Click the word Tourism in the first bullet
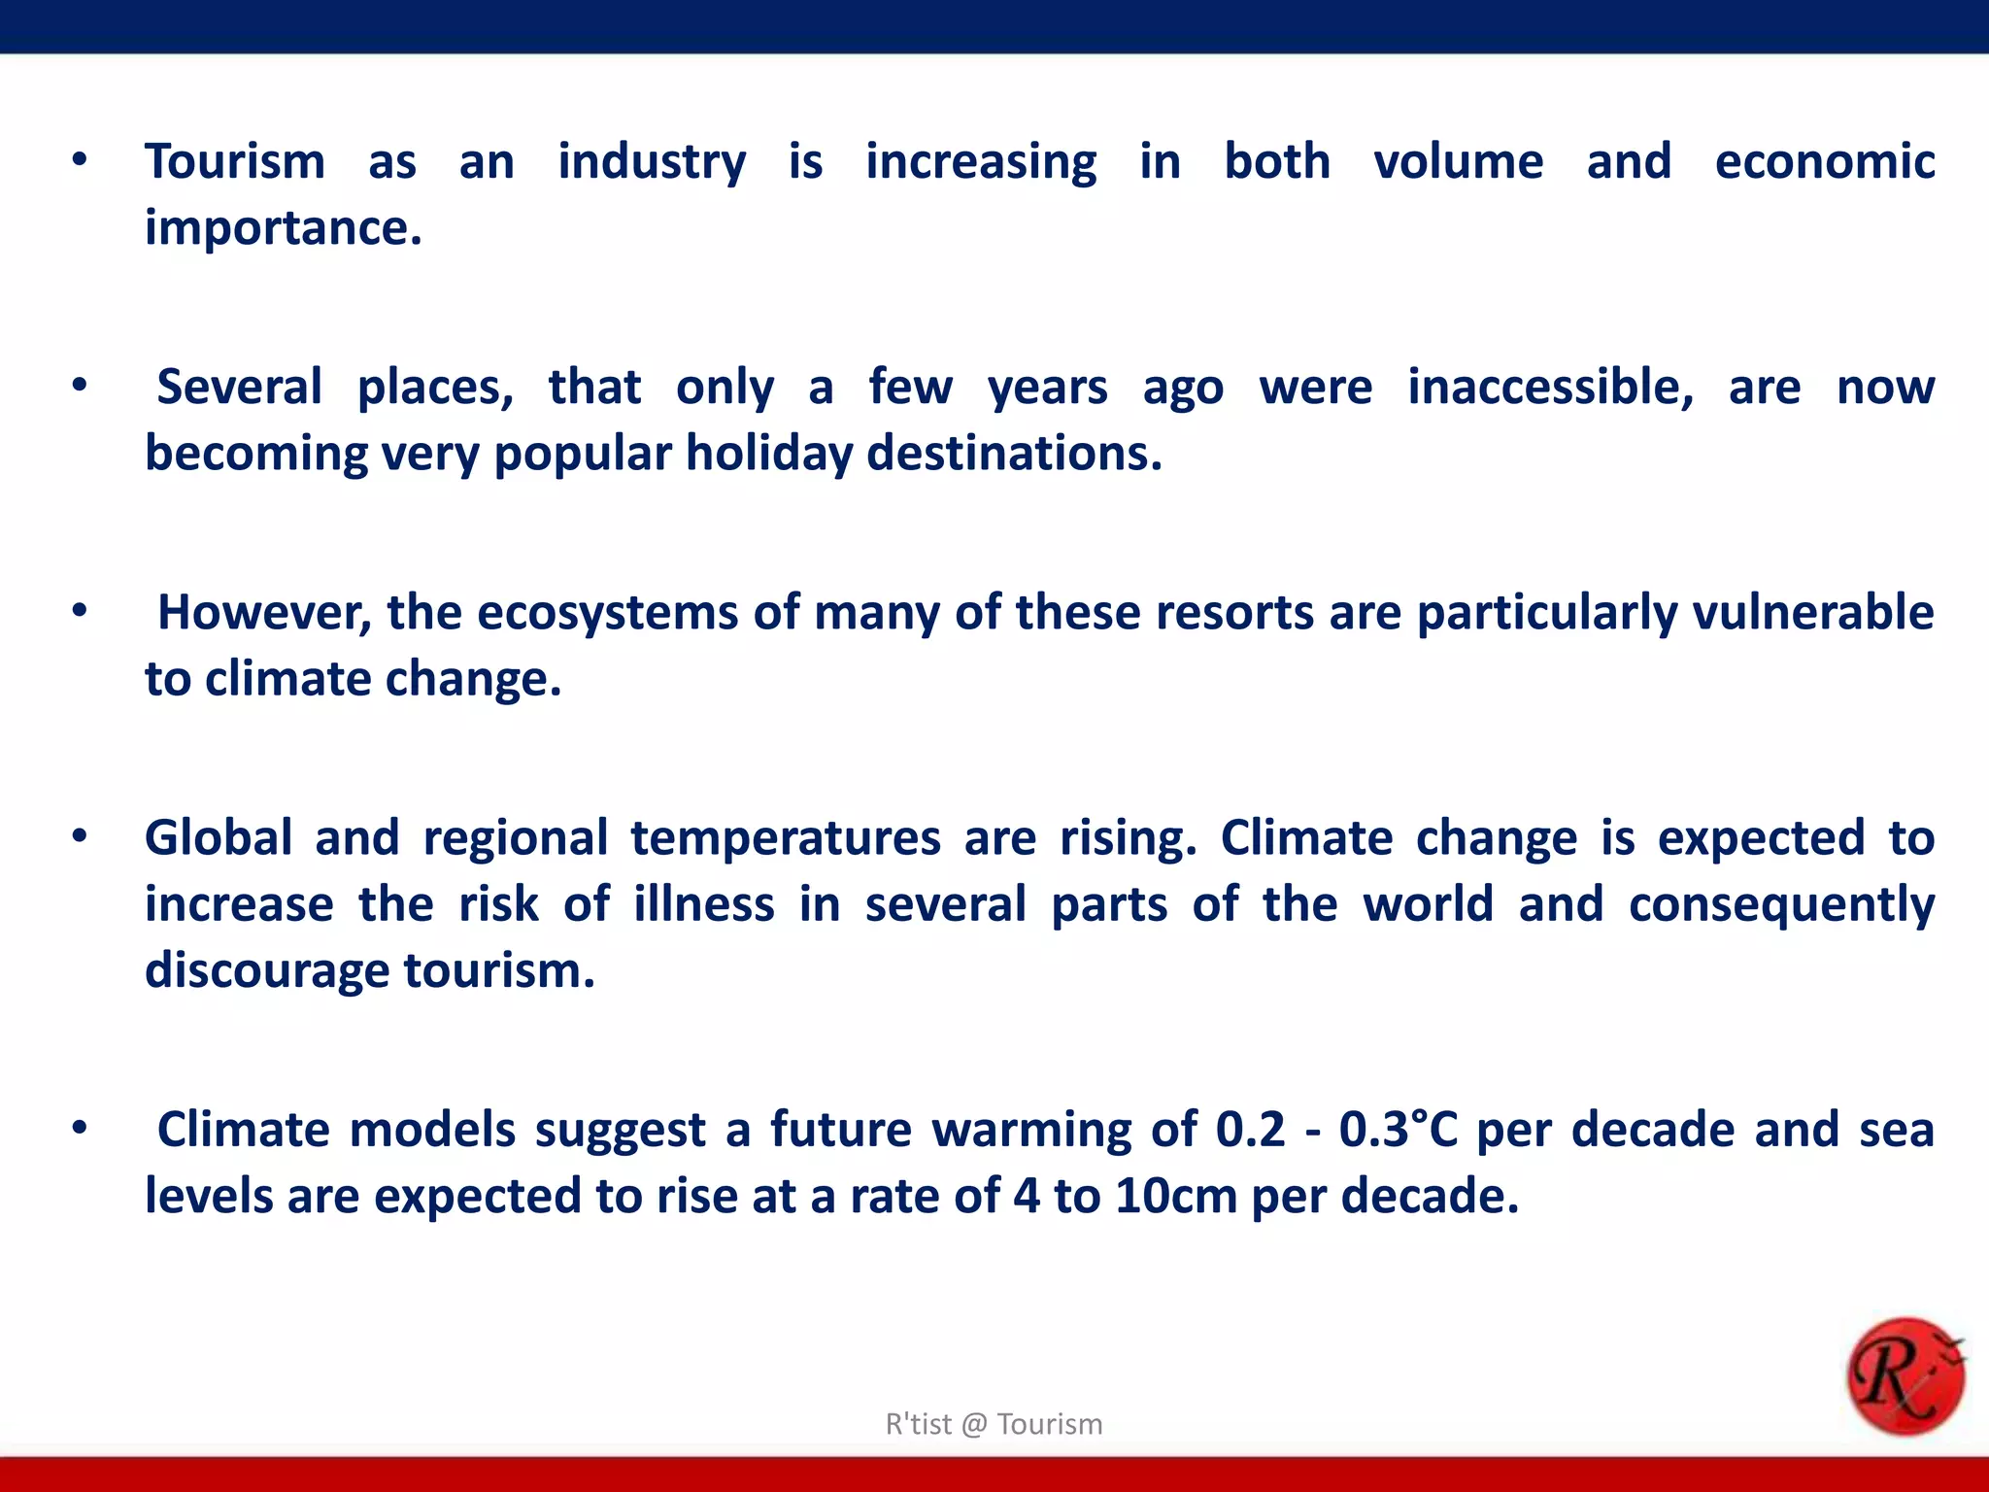(x=235, y=161)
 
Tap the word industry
(x=652, y=163)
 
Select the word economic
(x=1825, y=161)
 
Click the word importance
(x=282, y=229)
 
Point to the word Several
(x=239, y=387)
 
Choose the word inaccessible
(x=1550, y=387)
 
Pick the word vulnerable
(x=1813, y=612)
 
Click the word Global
(x=219, y=837)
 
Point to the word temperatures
(x=786, y=839)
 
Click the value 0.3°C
(x=1399, y=1129)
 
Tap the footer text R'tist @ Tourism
(x=994, y=1424)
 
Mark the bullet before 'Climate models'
(x=80, y=1129)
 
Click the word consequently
(x=1781, y=905)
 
